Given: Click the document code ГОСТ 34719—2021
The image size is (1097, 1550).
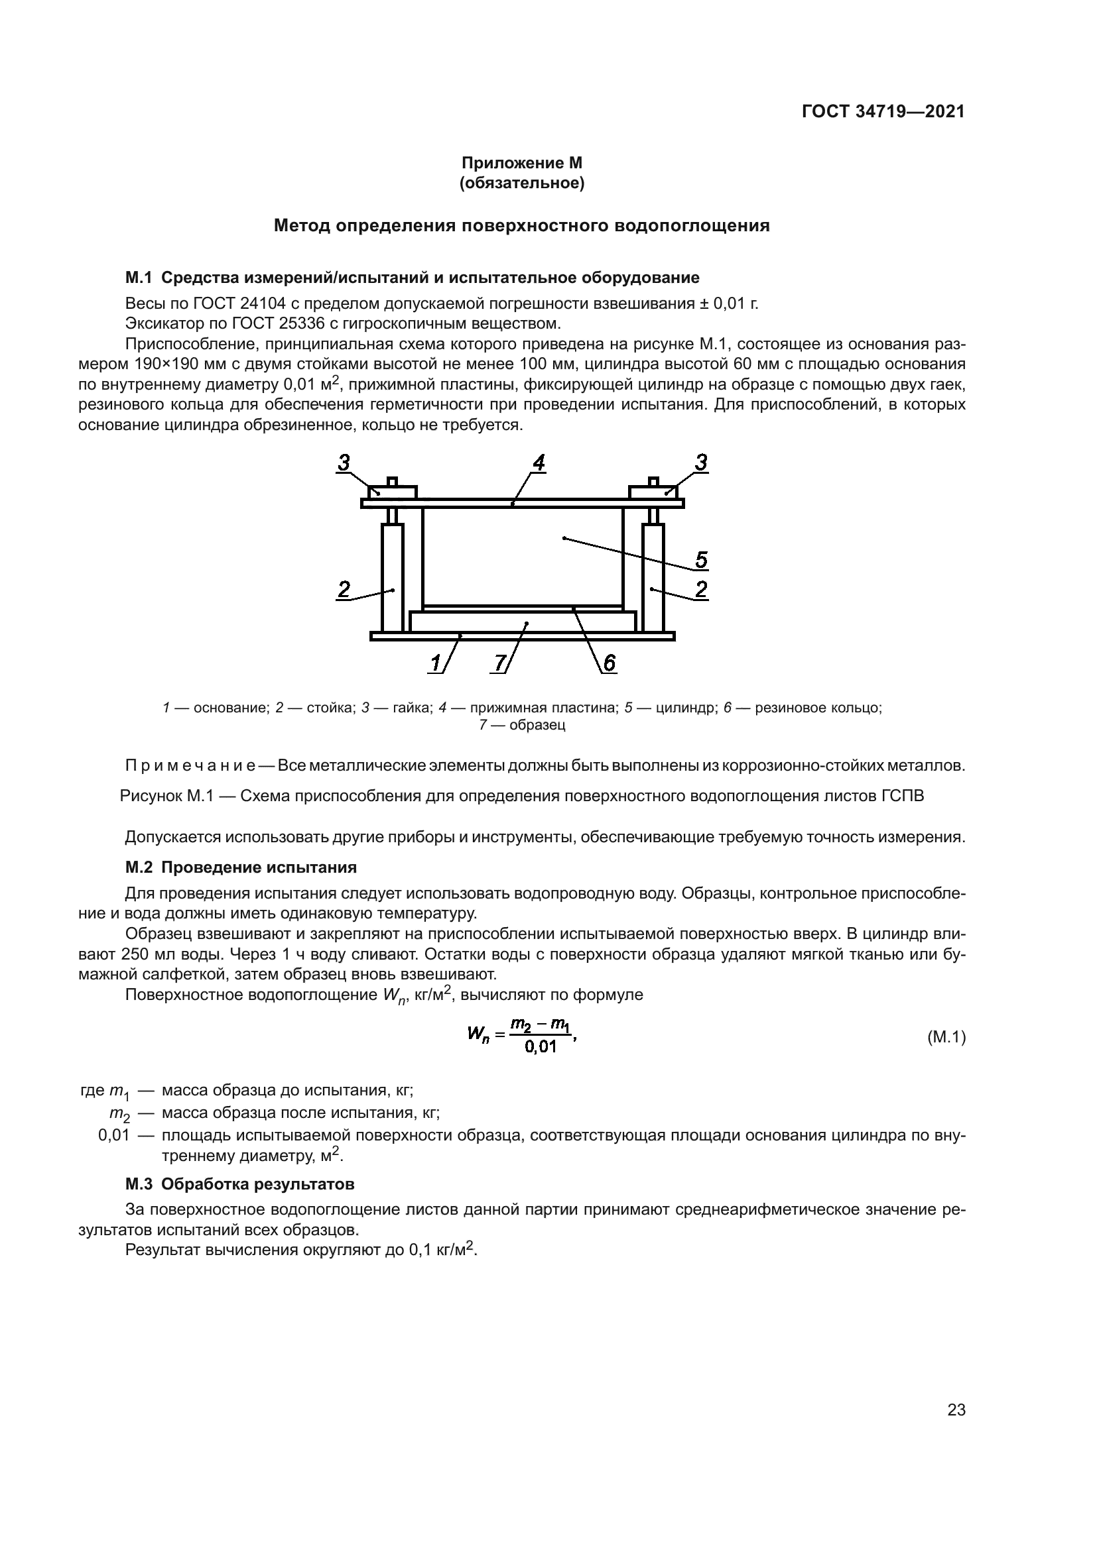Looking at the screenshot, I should [883, 111].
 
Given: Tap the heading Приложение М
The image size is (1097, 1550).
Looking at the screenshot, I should [521, 163].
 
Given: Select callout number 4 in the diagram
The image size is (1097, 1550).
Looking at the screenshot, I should [539, 463].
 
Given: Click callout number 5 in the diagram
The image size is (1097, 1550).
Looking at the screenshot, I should [701, 560].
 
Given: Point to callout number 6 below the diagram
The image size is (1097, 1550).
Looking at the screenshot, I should [609, 663].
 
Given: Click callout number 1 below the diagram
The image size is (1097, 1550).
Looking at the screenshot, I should [436, 663].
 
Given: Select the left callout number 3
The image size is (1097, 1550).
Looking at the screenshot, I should [344, 463].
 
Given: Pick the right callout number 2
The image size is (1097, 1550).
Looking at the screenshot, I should [701, 589].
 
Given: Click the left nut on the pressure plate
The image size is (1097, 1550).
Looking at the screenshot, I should [393, 492].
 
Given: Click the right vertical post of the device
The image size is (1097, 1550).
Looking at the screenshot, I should [653, 577].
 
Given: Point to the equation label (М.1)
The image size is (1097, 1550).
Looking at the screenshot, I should [946, 1037].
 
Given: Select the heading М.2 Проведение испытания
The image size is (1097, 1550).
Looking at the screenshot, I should [241, 867].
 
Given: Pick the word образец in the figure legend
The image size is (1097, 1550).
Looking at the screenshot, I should [537, 725].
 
